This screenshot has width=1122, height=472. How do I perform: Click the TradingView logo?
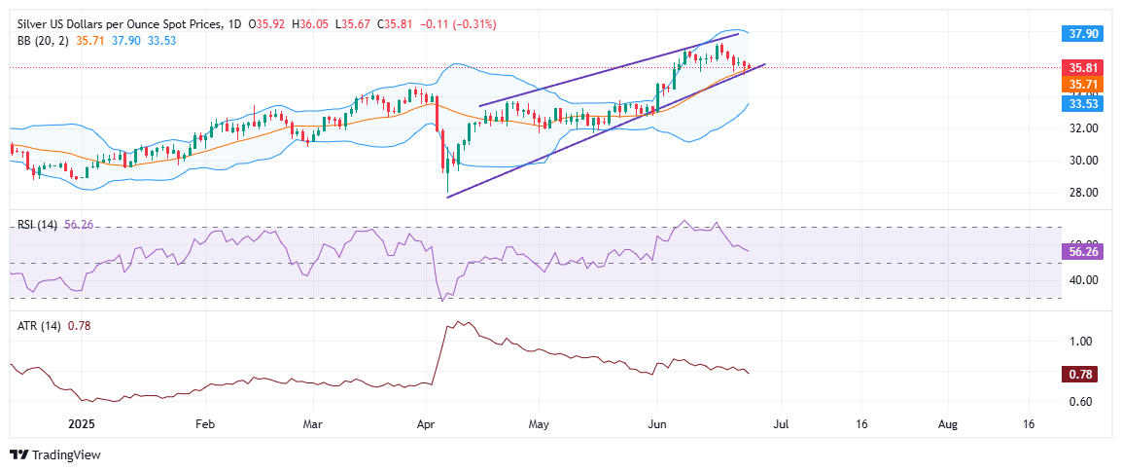(54, 454)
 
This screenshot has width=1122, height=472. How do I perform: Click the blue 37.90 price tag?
(1082, 32)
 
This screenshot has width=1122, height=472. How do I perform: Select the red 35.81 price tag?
(1082, 68)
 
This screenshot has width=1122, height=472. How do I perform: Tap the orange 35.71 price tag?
(1082, 85)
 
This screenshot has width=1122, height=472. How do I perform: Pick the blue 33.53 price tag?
(1082, 101)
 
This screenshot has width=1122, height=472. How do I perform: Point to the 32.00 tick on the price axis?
(1081, 127)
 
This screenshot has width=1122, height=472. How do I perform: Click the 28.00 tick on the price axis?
(1081, 192)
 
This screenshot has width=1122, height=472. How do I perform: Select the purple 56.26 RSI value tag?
(1082, 250)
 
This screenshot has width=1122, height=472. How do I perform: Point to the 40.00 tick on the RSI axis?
(1081, 280)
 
